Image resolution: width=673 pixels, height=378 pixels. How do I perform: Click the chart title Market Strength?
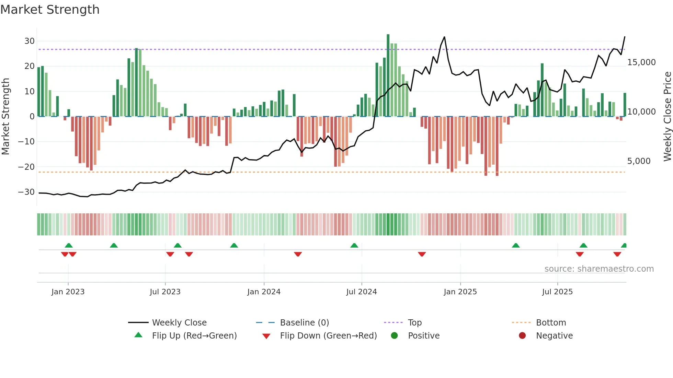pyautogui.click(x=50, y=10)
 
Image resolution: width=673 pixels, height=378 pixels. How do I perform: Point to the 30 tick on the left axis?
pyautogui.click(x=30, y=41)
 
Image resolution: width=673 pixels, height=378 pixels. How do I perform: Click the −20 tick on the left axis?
pyautogui.click(x=27, y=167)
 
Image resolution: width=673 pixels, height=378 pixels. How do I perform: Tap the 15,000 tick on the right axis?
pyautogui.click(x=641, y=62)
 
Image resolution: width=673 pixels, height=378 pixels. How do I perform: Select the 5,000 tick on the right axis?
pyautogui.click(x=639, y=161)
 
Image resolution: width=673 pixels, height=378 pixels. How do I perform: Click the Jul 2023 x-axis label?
pyautogui.click(x=165, y=292)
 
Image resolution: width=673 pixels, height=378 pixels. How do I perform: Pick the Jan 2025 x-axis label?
pyautogui.click(x=460, y=292)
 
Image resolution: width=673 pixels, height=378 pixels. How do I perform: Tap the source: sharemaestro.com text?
pyautogui.click(x=599, y=269)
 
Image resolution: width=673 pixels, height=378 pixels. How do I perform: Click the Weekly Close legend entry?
pyautogui.click(x=179, y=323)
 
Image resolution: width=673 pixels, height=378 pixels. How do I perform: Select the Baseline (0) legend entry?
pyautogui.click(x=304, y=323)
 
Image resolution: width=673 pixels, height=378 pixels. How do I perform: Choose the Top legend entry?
pyautogui.click(x=414, y=323)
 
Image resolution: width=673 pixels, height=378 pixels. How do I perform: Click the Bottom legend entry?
pyautogui.click(x=551, y=323)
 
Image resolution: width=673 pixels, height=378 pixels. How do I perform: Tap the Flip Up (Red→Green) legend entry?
pyautogui.click(x=194, y=336)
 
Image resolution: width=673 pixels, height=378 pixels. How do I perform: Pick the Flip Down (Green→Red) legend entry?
pyautogui.click(x=328, y=336)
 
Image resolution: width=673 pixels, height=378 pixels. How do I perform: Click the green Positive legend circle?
pyautogui.click(x=394, y=335)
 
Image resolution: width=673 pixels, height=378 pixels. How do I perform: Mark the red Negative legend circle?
pyautogui.click(x=522, y=335)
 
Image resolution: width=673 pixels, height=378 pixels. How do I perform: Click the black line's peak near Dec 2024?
pyautogui.click(x=444, y=37)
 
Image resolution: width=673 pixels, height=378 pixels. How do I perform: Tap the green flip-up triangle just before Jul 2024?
pyautogui.click(x=354, y=245)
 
